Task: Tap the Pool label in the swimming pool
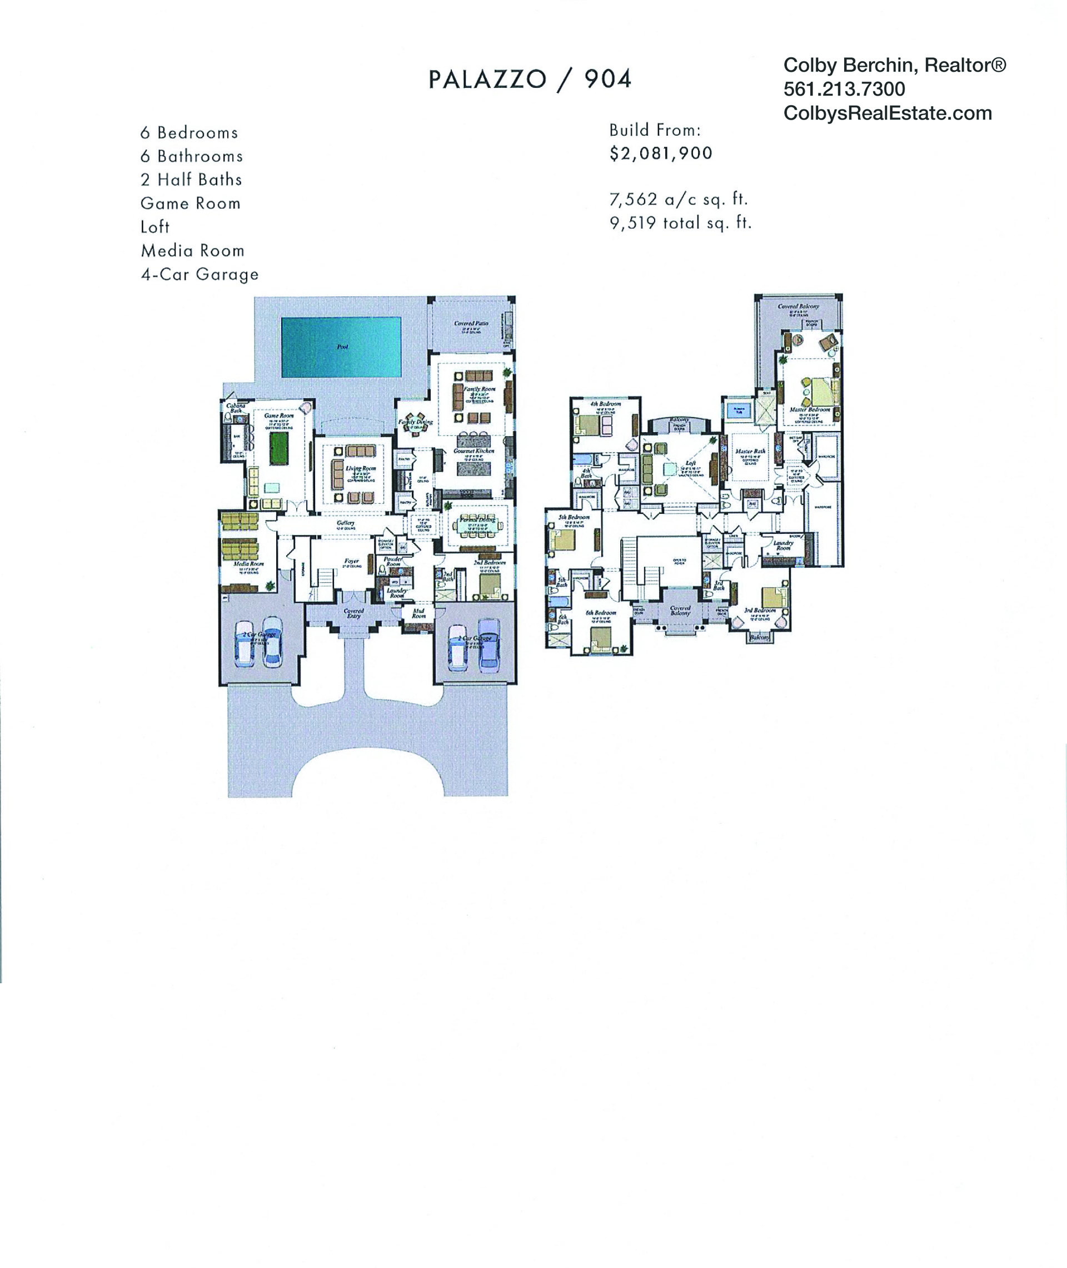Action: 342,347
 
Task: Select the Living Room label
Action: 361,468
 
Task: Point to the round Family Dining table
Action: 415,426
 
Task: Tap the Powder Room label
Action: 393,561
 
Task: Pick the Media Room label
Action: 248,563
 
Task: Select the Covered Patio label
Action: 471,323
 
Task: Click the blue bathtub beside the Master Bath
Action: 738,410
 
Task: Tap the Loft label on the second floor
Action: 690,463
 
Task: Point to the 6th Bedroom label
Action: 601,612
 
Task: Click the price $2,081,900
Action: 661,153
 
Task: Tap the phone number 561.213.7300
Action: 844,89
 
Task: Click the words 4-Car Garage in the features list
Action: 200,274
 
